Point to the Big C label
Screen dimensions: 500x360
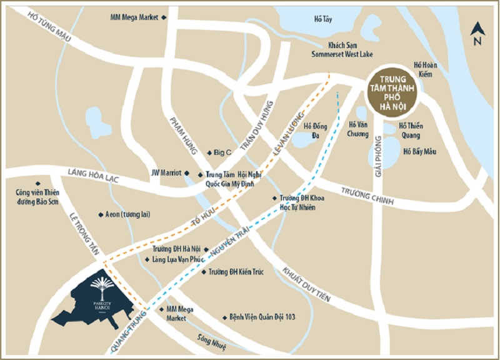pyautogui.click(x=222, y=152)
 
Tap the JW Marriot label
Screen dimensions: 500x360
pyautogui.click(x=166, y=172)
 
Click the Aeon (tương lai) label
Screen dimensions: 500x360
pyautogui.click(x=127, y=214)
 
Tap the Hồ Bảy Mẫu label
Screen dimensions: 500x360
pyautogui.click(x=419, y=151)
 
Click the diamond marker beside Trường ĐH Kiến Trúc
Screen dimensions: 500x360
pyautogui.click(x=203, y=272)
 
